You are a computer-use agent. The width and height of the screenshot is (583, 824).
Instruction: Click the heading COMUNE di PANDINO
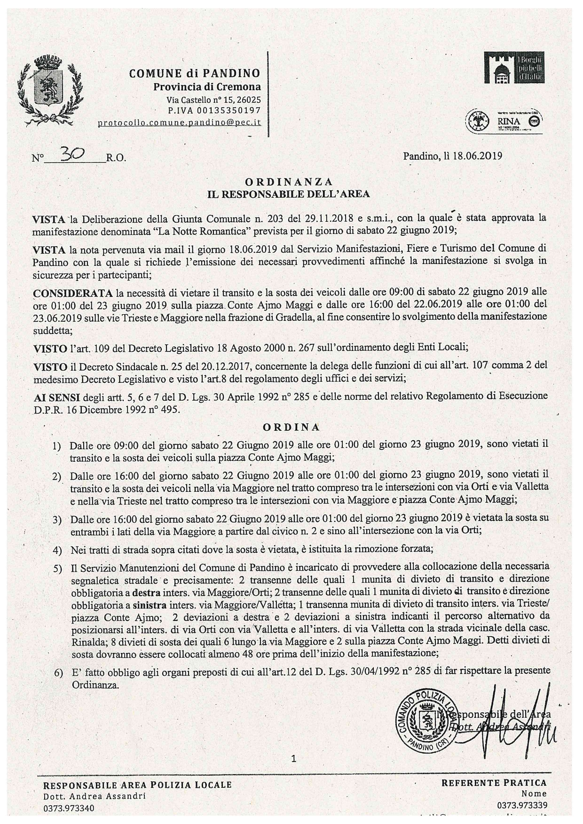point(194,73)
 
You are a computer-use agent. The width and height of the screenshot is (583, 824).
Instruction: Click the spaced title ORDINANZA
point(289,182)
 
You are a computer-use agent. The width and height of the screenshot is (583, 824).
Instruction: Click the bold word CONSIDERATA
point(72,294)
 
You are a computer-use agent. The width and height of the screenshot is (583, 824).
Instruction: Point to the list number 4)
point(57,550)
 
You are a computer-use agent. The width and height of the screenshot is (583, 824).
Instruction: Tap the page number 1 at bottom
point(294,758)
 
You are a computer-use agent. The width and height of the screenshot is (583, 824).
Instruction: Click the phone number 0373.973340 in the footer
point(69,808)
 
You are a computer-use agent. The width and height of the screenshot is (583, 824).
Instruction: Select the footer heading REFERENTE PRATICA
point(494,783)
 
